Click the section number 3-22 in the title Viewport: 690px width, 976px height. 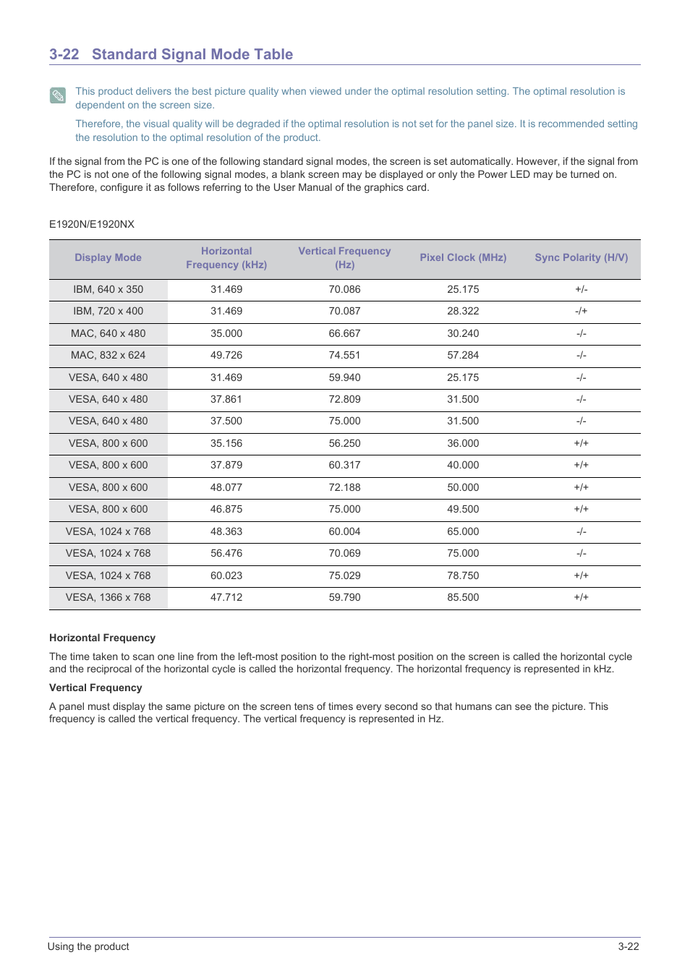click(64, 54)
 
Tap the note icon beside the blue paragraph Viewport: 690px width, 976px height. click(58, 95)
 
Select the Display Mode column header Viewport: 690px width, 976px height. click(108, 257)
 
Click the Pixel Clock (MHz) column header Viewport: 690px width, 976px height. click(463, 257)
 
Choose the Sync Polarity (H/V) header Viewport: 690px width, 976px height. click(581, 257)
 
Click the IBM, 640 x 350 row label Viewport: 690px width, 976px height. click(108, 289)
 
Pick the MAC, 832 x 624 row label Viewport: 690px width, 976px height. click(108, 355)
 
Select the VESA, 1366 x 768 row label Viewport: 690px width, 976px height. click(108, 597)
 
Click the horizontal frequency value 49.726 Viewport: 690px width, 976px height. click(226, 355)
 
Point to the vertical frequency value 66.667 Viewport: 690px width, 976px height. click(344, 333)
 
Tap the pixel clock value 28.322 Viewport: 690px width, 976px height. click(463, 311)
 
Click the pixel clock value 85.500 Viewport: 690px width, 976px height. click(463, 597)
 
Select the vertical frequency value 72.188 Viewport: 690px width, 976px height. click(344, 487)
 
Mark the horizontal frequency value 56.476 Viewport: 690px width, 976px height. click(226, 553)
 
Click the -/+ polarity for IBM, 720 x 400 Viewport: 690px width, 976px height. click(581, 311)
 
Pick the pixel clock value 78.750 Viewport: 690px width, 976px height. click(463, 575)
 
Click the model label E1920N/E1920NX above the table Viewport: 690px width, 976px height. click(92, 224)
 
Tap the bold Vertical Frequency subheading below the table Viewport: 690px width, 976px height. click(95, 688)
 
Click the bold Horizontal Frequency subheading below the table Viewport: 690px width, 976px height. click(102, 638)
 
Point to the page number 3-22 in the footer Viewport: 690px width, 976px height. click(628, 946)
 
